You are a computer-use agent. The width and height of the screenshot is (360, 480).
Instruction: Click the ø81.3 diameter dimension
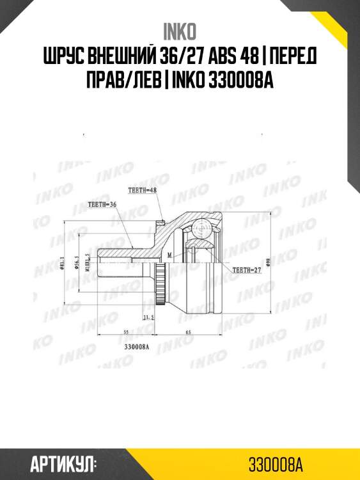tap(62, 263)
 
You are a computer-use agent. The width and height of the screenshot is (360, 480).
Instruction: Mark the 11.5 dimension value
tap(149, 317)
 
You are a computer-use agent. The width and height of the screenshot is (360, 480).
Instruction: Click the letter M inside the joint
tap(169, 254)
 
